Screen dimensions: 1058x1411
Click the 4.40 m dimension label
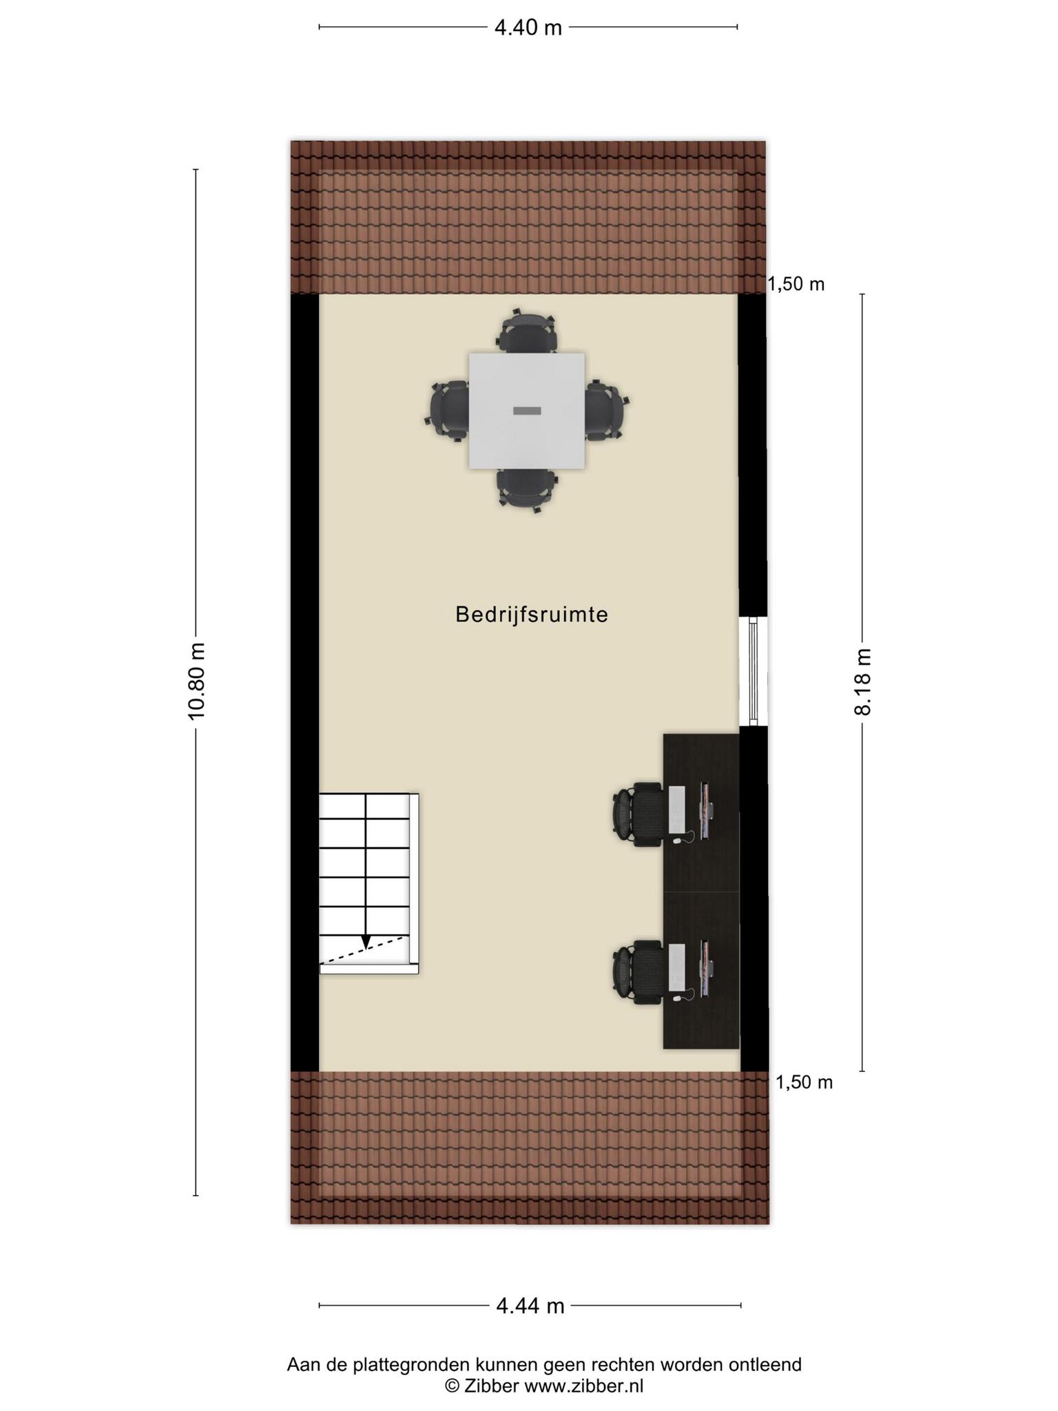click(x=528, y=28)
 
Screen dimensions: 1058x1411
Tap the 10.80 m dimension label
click(x=197, y=681)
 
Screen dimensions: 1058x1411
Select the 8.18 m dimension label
click(x=862, y=681)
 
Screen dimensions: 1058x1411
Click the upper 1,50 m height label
click(x=796, y=284)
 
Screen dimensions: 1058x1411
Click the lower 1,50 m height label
click(x=804, y=1082)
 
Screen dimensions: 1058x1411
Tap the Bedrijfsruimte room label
click(x=532, y=615)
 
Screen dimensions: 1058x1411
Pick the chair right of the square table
click(x=607, y=411)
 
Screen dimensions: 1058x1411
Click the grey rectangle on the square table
click(x=527, y=411)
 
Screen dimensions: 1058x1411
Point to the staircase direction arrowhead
click(x=366, y=941)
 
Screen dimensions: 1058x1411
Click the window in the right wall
click(x=753, y=670)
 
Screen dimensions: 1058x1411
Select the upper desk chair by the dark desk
click(x=639, y=814)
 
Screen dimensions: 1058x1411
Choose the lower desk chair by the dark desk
click(x=639, y=972)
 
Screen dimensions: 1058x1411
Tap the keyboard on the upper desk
click(x=676, y=808)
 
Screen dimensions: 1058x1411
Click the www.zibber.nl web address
click(x=584, y=1386)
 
